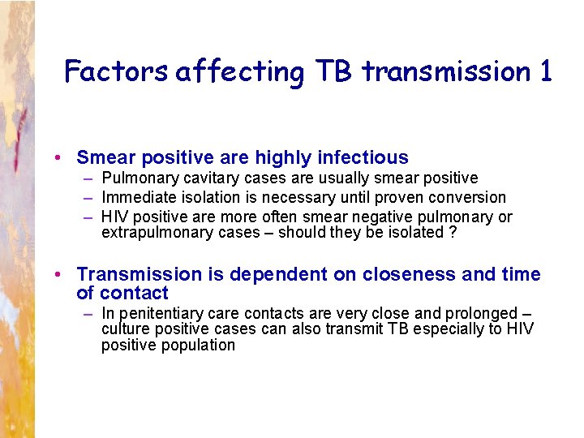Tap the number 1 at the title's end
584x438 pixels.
point(545,71)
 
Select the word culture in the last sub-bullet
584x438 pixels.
point(125,328)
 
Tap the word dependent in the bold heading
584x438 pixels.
point(277,275)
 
